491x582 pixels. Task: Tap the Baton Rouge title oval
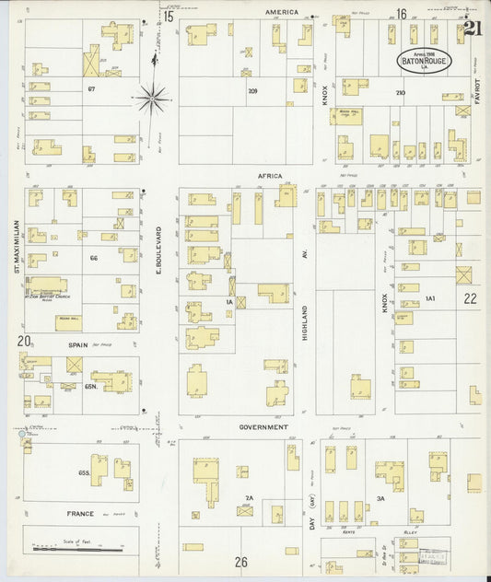point(424,61)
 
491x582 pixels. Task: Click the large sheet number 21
point(473,29)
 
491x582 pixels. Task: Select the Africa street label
point(270,175)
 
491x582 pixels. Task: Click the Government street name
point(263,427)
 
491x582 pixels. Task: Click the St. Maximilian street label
point(16,247)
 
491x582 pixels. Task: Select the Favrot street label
point(477,93)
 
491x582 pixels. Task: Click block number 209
point(251,91)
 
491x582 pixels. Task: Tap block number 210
point(400,92)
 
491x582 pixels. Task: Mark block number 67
point(91,88)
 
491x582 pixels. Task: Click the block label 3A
point(380,498)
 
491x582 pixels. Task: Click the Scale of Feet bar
point(77,549)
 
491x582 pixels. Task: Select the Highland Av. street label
point(304,322)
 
